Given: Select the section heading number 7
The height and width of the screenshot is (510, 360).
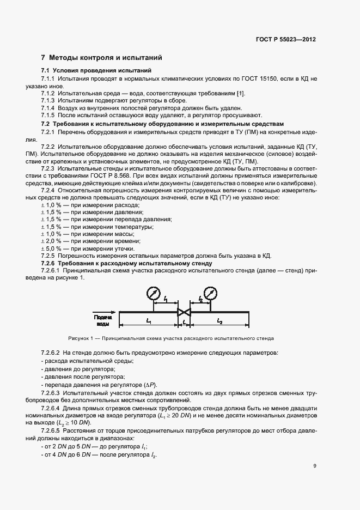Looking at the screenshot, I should click(43, 58).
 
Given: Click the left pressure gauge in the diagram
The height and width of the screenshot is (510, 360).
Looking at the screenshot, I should click(153, 295).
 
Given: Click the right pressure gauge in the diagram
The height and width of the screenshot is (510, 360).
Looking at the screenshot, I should click(208, 295).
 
